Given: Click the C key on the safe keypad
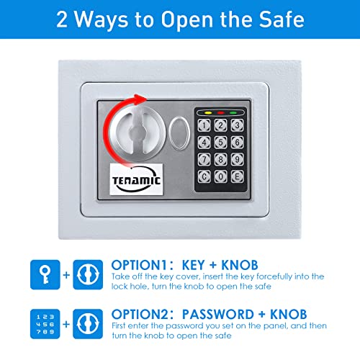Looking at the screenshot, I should point(205,174).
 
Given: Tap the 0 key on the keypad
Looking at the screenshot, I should point(220,174).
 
